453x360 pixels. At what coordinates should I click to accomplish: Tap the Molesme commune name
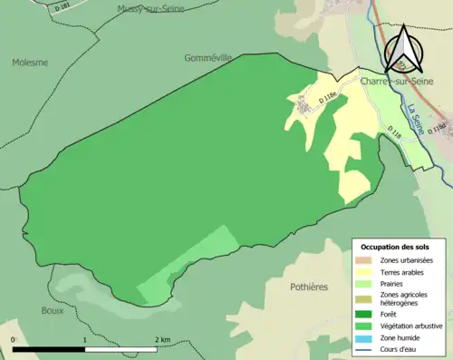point(31,63)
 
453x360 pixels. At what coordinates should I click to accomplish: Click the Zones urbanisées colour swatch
point(366,261)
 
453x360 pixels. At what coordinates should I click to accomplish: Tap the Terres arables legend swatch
point(366,272)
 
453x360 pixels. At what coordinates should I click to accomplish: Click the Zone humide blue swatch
point(366,336)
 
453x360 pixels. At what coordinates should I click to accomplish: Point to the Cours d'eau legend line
point(366,346)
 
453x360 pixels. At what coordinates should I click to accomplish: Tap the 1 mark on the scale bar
point(85,339)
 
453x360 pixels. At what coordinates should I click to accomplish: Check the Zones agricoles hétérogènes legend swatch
point(366,297)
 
